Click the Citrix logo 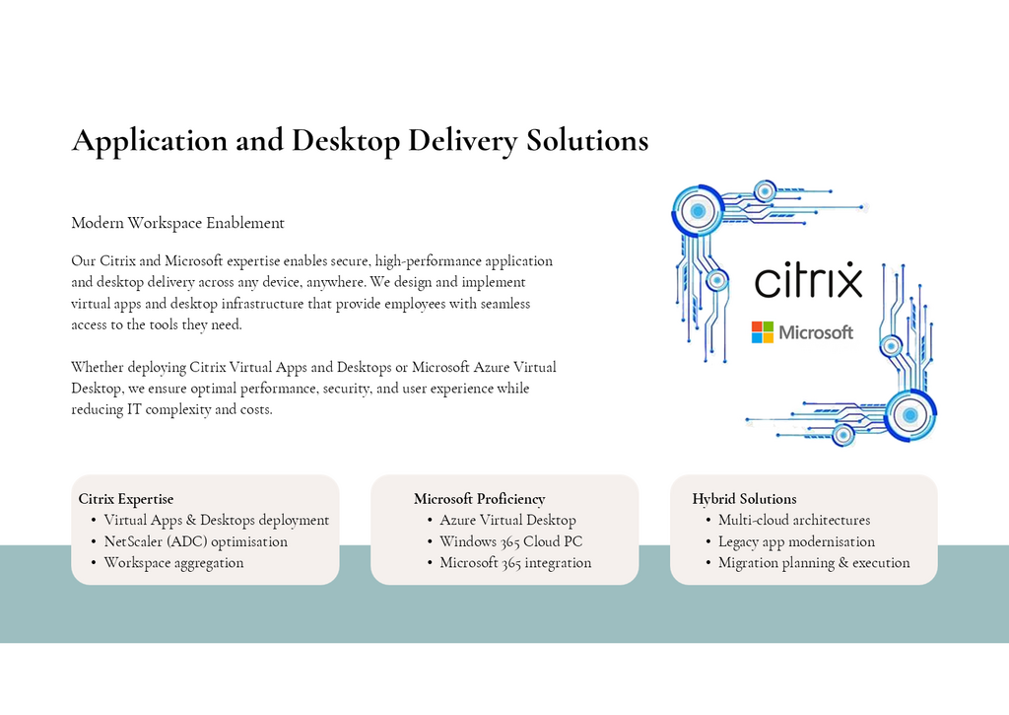pos(808,279)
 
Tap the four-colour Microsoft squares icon pos(763,332)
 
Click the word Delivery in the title pos(462,140)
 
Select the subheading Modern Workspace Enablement pos(177,223)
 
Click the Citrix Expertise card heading pos(126,499)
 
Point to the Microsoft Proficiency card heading pos(480,499)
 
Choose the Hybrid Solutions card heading pos(745,499)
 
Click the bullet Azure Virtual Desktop pos(507,520)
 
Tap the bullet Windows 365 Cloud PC pos(511,541)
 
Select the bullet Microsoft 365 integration pos(515,563)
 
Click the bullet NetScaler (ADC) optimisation pos(196,541)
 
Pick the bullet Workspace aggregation pos(173,563)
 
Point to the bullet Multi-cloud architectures pos(794,520)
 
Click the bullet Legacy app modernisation pos(796,541)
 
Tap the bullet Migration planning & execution pos(814,563)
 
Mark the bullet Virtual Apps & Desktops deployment pos(216,520)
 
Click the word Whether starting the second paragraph pos(98,367)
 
